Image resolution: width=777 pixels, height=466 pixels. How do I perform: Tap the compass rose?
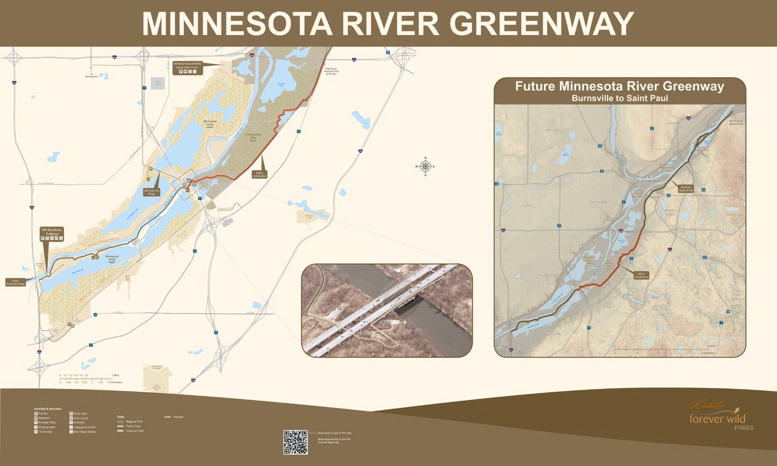[425, 166]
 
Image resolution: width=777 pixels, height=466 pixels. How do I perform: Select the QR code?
[295, 441]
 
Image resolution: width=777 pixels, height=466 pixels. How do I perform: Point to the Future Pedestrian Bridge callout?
[15, 282]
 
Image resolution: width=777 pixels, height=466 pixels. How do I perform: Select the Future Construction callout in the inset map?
[641, 274]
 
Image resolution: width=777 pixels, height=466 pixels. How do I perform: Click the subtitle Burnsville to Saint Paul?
[620, 98]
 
